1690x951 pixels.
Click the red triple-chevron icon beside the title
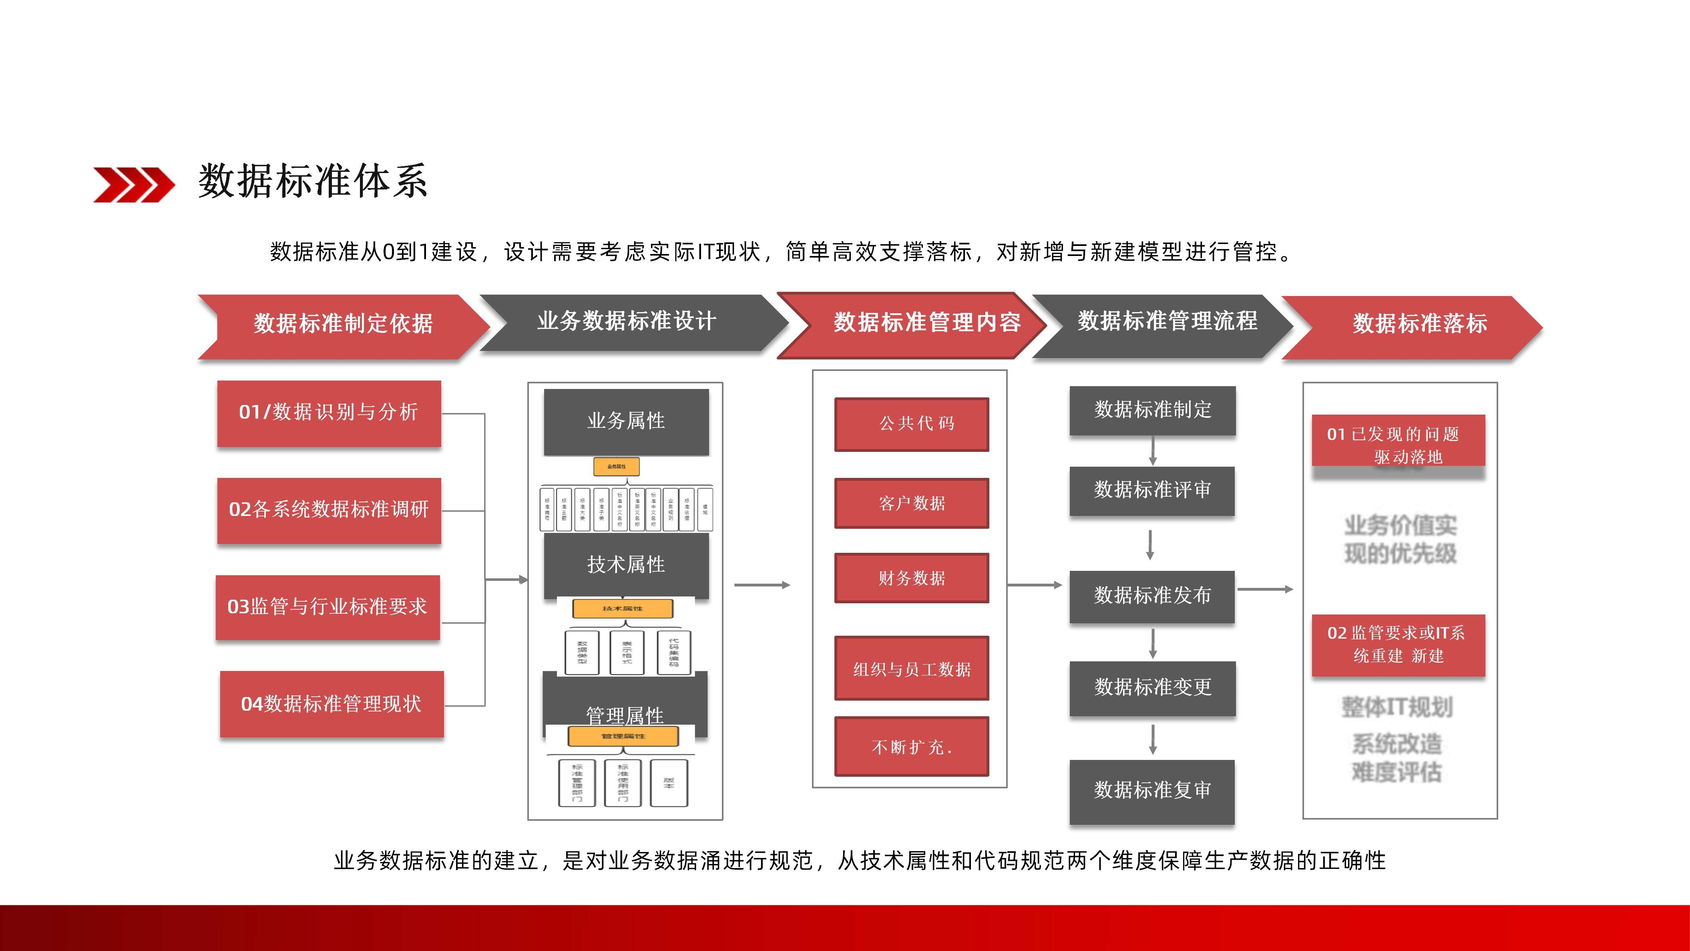[134, 184]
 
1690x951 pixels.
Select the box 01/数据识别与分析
[329, 413]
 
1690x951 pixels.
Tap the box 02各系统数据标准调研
[329, 510]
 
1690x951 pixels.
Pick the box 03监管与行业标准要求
[328, 607]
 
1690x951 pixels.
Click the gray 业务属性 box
[626, 421]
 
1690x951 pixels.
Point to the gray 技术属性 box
[626, 564]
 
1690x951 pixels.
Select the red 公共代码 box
[911, 424]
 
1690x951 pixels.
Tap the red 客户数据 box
[911, 504]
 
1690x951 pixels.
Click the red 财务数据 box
[911, 578]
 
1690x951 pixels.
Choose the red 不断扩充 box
[911, 746]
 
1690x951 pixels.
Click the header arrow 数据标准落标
[1417, 324]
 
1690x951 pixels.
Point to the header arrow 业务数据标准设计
[627, 322]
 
